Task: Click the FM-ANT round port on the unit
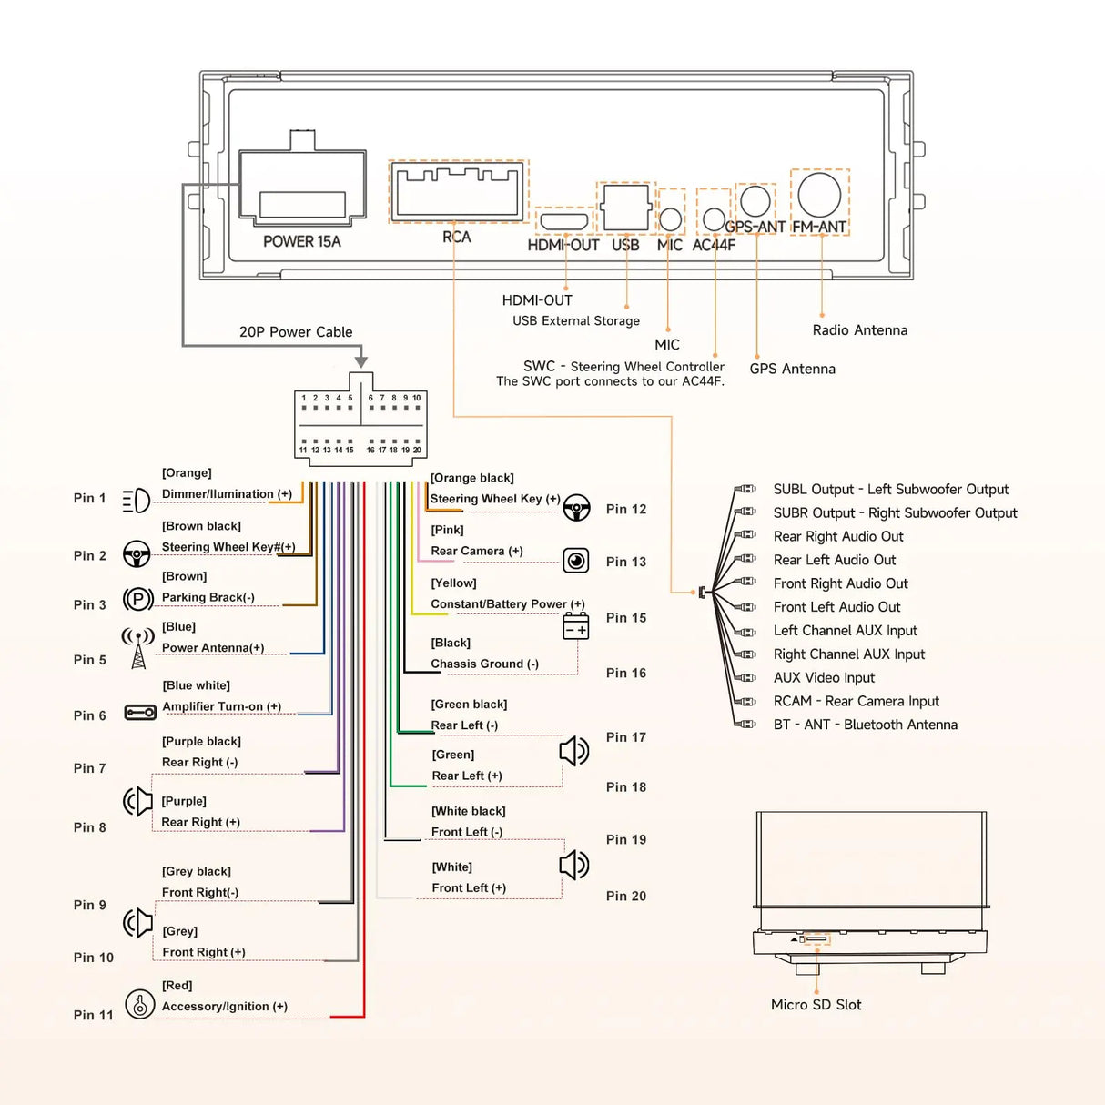tap(819, 194)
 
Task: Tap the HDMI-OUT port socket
tap(564, 221)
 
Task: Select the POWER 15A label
tap(301, 242)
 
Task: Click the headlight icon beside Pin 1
tap(137, 500)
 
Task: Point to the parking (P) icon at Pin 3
tap(137, 599)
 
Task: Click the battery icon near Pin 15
tap(576, 626)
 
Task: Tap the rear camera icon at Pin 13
tap(576, 561)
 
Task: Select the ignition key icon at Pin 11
tap(139, 1004)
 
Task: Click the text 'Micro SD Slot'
tap(816, 1005)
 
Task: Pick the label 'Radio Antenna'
tap(859, 330)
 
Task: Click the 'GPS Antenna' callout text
tap(792, 369)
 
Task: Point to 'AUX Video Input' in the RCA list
tap(824, 678)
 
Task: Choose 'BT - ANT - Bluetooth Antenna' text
tap(865, 725)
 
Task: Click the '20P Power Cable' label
tap(296, 332)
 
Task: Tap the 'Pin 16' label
tap(626, 674)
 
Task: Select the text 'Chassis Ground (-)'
tap(484, 664)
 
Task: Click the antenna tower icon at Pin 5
tap(137, 647)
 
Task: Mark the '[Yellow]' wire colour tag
tap(453, 583)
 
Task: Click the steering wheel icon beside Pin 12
tap(576, 508)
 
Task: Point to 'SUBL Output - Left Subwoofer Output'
tap(890, 490)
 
